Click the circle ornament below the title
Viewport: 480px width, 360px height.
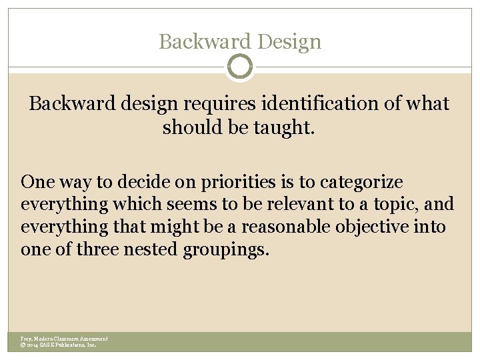240,67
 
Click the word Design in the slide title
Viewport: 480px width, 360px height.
289,42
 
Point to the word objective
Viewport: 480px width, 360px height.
378,227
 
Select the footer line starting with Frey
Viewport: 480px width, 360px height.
64,339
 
